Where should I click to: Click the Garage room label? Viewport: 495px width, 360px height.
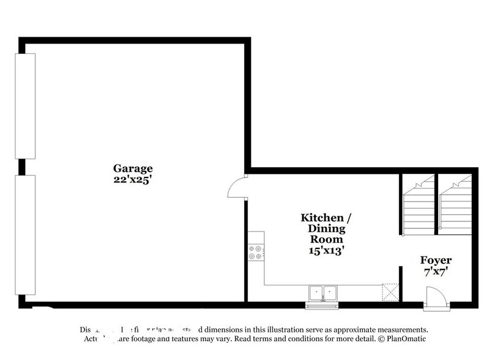pos(132,168)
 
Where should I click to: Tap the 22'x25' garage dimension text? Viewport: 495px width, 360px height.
pos(132,179)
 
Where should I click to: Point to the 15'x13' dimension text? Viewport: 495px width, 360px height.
pos(326,250)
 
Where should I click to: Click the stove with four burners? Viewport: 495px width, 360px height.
pos(256,252)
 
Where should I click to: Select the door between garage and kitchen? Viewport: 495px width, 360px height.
pos(237,187)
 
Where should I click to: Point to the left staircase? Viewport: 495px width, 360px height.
pos(418,204)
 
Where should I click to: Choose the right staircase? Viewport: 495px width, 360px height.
pos(455,204)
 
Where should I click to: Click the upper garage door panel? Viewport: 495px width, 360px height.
pos(26,107)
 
